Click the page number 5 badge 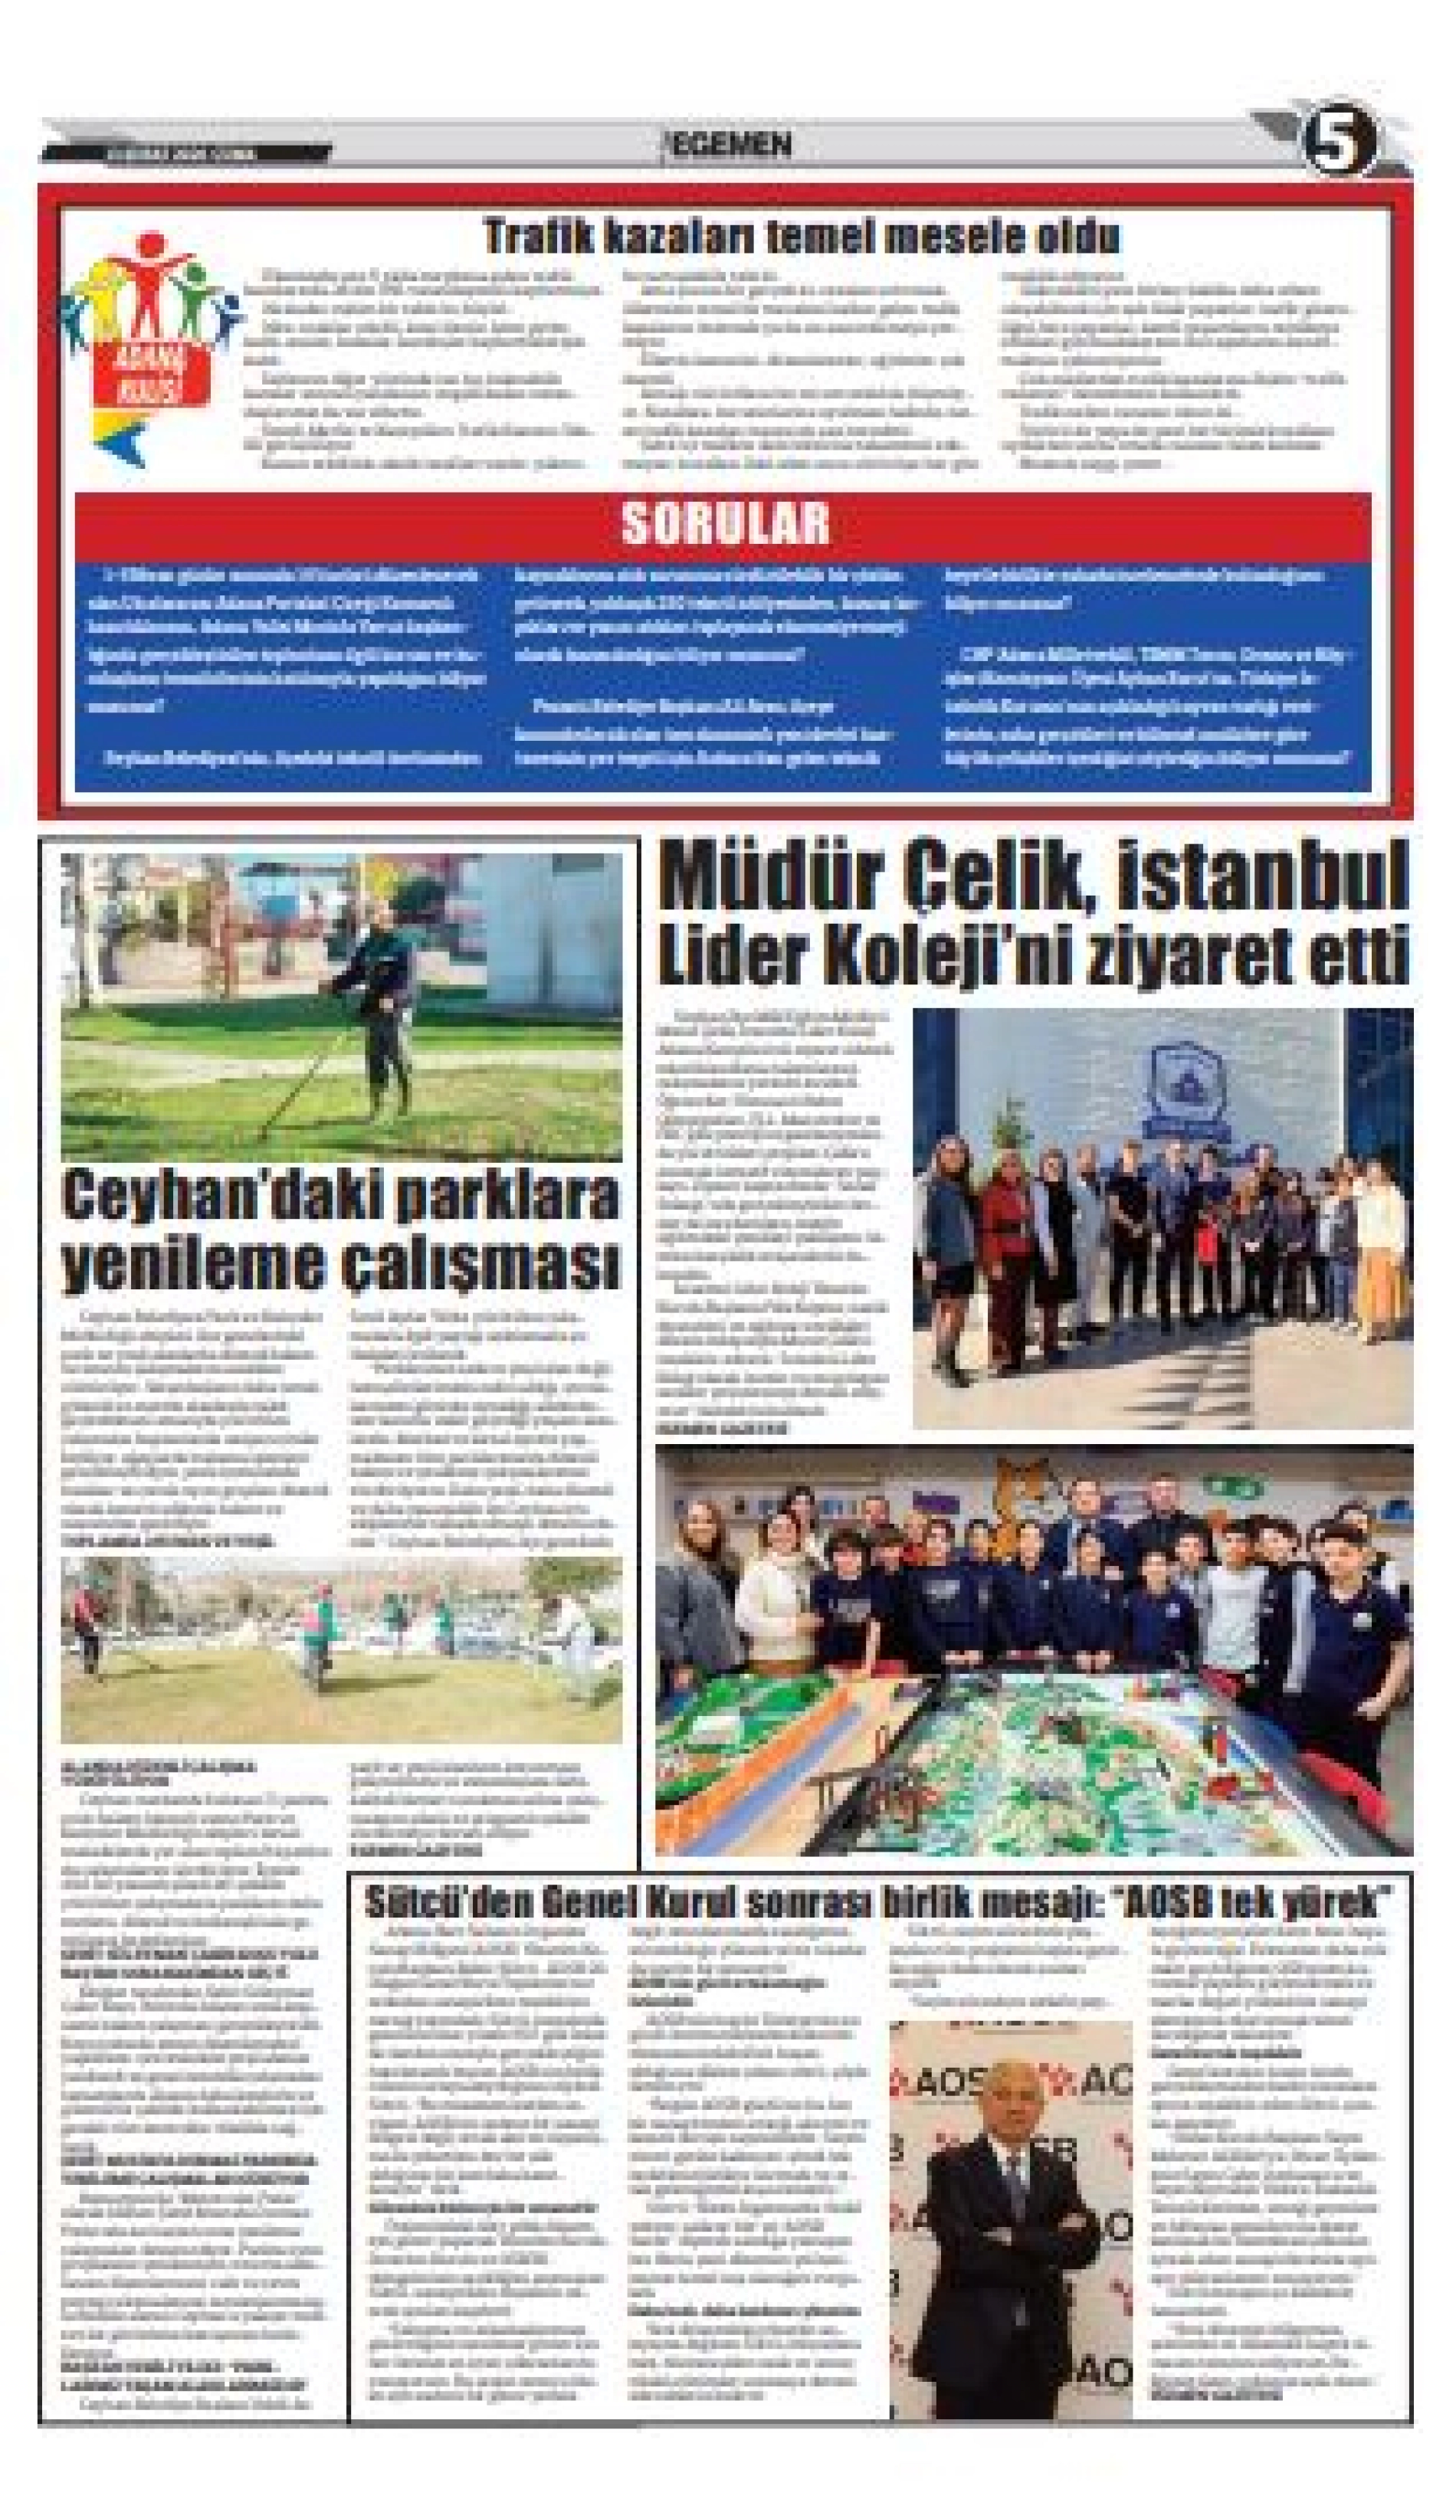(x=1339, y=142)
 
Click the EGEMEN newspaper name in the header (x=732, y=146)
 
